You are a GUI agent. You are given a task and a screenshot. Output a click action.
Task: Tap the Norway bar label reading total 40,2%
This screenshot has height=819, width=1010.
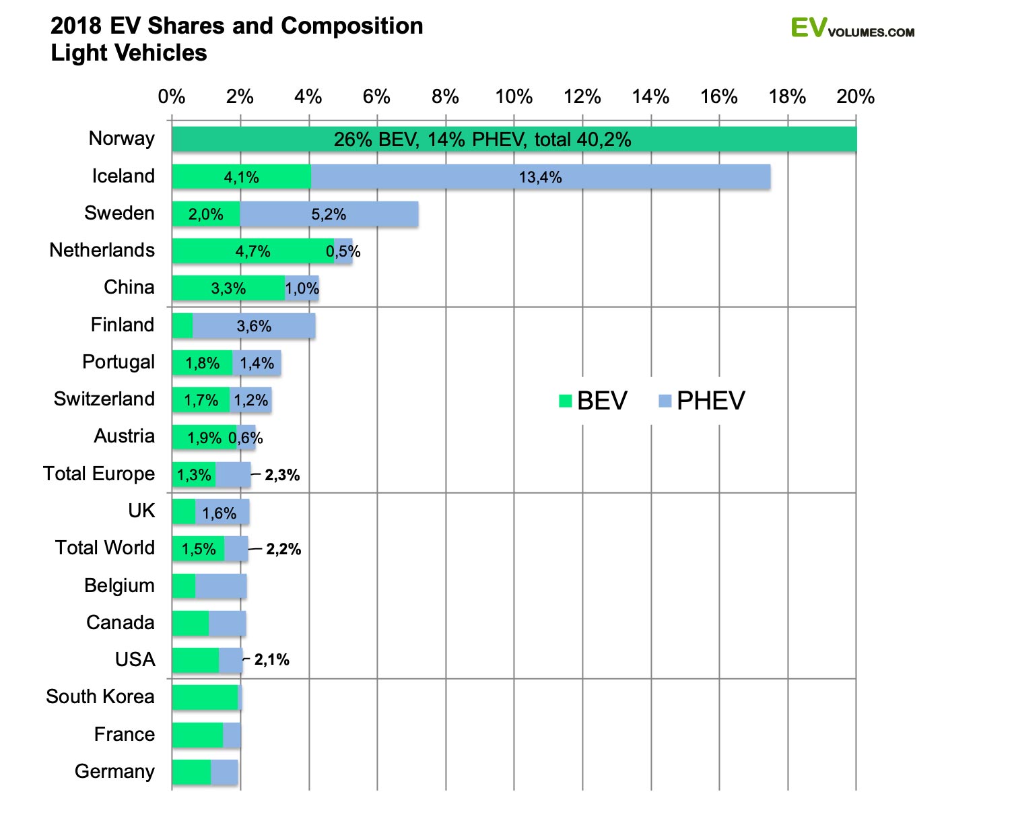[x=482, y=139]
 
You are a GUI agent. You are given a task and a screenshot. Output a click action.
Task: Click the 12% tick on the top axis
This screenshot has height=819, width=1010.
[x=582, y=97]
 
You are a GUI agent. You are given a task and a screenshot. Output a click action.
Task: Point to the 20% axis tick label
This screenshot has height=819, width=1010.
[x=855, y=97]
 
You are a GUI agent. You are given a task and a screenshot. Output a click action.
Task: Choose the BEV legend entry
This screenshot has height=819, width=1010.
[x=593, y=401]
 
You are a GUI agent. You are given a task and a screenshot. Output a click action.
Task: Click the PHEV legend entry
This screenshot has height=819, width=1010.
[x=702, y=401]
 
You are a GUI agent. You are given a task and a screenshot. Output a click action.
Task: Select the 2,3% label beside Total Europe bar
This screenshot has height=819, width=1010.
[x=282, y=476]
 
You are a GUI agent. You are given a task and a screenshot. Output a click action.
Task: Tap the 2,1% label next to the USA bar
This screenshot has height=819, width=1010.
[x=271, y=660]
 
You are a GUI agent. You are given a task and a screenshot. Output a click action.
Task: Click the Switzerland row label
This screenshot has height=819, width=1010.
[x=104, y=399]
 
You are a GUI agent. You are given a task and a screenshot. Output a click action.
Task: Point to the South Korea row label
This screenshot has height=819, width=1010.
[x=100, y=696]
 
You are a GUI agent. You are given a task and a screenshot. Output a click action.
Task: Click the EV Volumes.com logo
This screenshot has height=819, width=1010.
[x=852, y=28]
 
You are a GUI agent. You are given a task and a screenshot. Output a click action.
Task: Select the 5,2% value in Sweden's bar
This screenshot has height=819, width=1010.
[x=329, y=214]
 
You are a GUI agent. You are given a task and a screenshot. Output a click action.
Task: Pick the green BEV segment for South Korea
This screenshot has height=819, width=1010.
[x=205, y=697]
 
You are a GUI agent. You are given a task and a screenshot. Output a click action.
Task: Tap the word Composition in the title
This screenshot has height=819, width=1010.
[x=351, y=26]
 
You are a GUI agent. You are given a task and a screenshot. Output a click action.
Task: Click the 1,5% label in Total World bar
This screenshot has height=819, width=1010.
[x=199, y=549]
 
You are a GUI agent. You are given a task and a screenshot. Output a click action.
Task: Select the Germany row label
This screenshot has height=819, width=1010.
[x=114, y=771]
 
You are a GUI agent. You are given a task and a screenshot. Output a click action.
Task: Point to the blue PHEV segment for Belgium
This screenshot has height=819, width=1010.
[x=221, y=586]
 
